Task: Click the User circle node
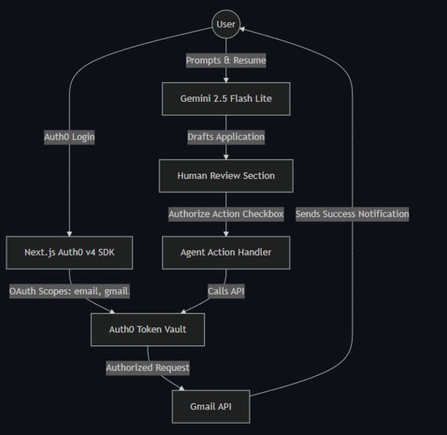click(226, 24)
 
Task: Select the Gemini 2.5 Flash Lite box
click(226, 99)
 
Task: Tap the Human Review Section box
click(226, 175)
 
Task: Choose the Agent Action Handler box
click(226, 252)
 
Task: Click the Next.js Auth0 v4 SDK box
click(69, 252)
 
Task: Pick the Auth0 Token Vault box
click(147, 329)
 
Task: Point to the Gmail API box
click(211, 406)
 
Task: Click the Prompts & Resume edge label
click(226, 60)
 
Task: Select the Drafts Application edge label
click(226, 137)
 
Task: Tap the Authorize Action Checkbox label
click(226, 214)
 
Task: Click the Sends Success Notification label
click(352, 214)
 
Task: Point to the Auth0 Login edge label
click(69, 137)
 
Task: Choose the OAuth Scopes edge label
click(70, 291)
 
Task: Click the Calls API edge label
click(226, 291)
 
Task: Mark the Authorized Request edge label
click(147, 367)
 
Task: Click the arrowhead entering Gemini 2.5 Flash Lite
click(226, 79)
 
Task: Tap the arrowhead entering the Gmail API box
click(181, 388)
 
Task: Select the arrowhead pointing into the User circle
click(243, 30)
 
